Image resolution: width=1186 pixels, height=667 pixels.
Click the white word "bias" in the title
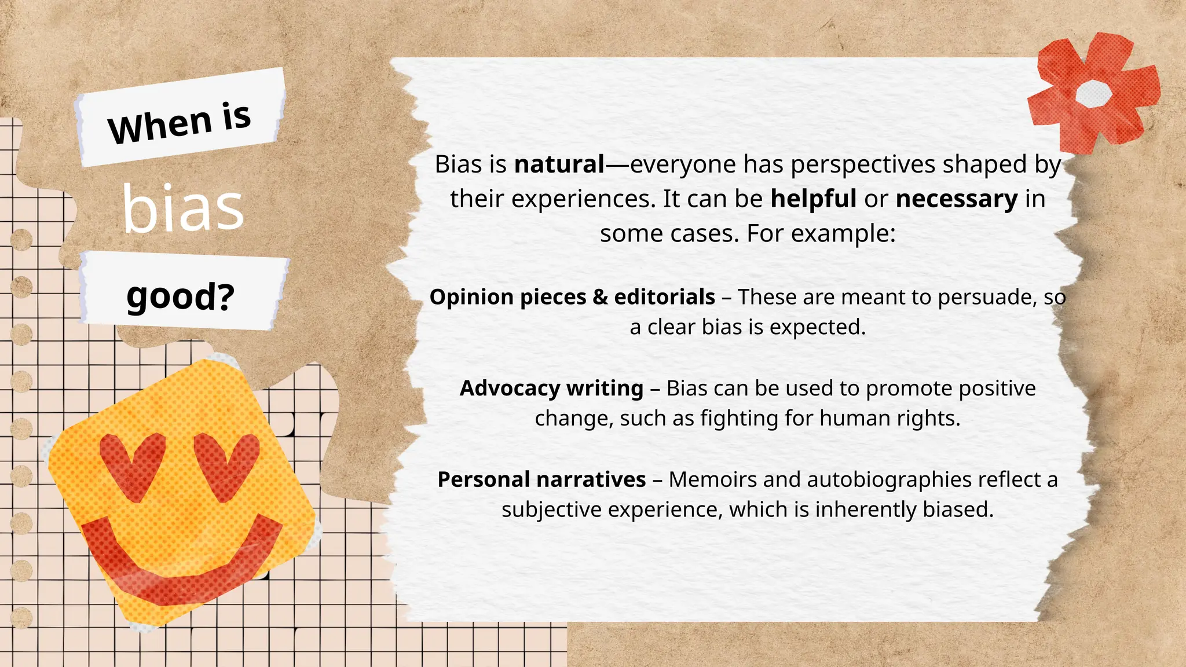[183, 208]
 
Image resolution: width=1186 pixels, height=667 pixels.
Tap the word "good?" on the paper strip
[180, 296]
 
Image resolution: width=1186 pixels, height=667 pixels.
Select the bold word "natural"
[559, 164]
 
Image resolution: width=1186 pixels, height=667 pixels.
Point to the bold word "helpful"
[813, 199]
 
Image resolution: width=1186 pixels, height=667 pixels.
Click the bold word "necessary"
[956, 199]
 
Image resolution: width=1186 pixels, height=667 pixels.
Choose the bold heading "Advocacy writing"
[551, 388]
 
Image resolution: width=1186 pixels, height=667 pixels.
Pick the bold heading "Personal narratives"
[541, 479]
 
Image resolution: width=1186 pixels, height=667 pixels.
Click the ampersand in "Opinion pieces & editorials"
[600, 297]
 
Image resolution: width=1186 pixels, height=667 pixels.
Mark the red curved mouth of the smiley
[180, 565]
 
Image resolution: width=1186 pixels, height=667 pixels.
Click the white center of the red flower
[1093, 93]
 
